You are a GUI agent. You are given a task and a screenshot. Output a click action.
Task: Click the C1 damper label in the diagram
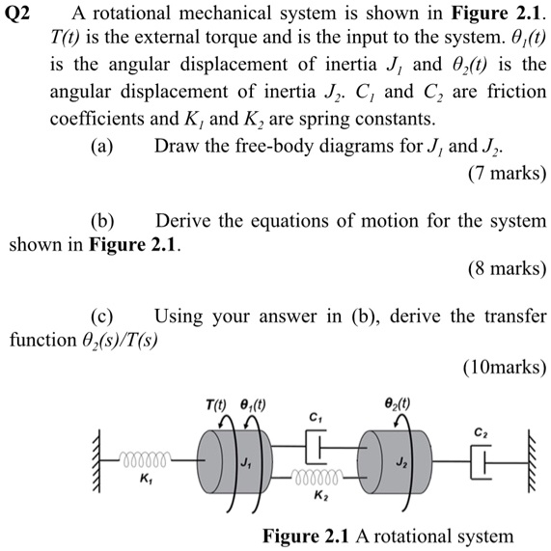(314, 417)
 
